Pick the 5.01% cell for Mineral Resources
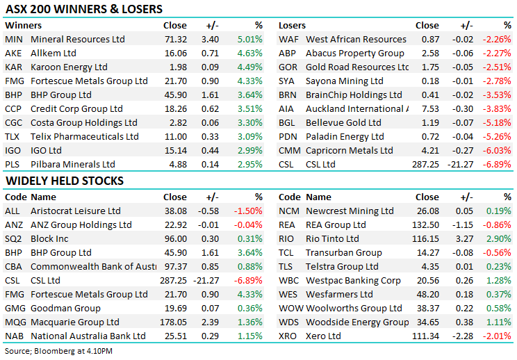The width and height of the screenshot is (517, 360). coord(249,39)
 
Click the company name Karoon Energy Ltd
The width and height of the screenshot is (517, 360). coord(69,67)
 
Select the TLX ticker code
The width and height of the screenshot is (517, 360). coord(13,136)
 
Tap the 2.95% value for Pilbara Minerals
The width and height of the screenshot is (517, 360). coord(249,164)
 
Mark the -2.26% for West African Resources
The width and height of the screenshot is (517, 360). coord(497,39)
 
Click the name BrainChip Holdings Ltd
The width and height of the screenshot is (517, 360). coord(354,95)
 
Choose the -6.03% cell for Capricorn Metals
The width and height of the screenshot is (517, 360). coord(497,150)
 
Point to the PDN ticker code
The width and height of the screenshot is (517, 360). coord(288,136)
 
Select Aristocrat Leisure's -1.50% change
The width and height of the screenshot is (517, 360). coord(248,211)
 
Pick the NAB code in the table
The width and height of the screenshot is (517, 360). coord(14,336)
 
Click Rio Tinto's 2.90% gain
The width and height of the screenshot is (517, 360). coord(498,238)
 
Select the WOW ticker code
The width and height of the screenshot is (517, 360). coord(290,308)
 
